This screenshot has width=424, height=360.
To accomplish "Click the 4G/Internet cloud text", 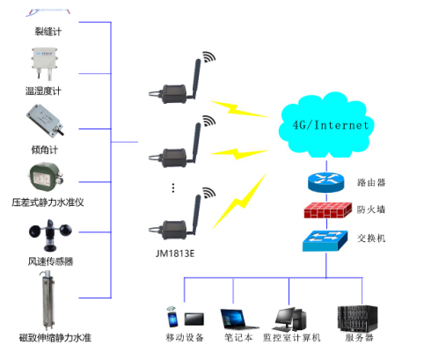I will click(x=331, y=125).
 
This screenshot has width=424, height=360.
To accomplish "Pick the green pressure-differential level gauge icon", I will click(x=47, y=180).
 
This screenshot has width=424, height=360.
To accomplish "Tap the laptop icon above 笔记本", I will click(x=233, y=318).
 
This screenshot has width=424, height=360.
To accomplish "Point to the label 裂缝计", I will click(x=46, y=32).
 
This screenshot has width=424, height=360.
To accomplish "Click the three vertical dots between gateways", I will click(x=174, y=187).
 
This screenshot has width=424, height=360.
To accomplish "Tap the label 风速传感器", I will click(x=46, y=261).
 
